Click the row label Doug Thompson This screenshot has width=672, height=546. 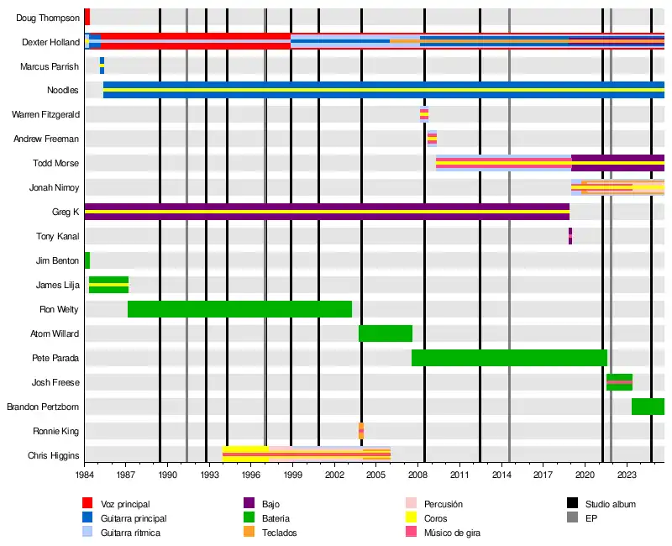(48, 18)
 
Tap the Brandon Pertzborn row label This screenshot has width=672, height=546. (43, 407)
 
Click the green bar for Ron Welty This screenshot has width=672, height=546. (239, 309)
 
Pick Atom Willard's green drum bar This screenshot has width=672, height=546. (385, 333)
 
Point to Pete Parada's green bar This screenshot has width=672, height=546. (509, 358)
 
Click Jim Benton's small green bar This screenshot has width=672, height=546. (87, 260)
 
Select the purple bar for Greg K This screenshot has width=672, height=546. (327, 212)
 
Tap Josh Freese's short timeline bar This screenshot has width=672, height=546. (619, 382)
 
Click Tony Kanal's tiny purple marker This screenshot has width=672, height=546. (570, 236)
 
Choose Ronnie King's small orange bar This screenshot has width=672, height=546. (361, 431)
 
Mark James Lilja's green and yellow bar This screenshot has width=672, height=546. (108, 285)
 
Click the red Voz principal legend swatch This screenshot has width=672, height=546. (87, 504)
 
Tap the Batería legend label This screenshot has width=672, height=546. (278, 518)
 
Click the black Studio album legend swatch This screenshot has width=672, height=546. (573, 504)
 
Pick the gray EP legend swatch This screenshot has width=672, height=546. (573, 518)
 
